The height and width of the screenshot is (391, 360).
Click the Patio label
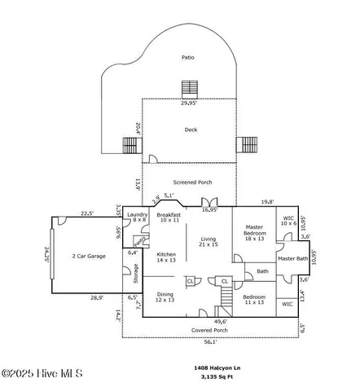(188, 58)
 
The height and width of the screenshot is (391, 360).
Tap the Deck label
(190, 130)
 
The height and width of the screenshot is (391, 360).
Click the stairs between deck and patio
(190, 88)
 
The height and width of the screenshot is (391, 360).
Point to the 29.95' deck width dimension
(190, 103)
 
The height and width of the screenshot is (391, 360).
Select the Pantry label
(139, 241)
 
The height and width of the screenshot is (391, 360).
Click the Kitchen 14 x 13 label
(165, 257)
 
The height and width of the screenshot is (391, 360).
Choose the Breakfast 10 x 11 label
(169, 217)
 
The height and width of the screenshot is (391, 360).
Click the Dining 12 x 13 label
(165, 297)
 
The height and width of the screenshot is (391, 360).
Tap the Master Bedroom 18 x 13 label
(255, 235)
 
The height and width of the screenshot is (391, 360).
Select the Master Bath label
(292, 259)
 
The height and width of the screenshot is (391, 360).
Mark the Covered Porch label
(209, 330)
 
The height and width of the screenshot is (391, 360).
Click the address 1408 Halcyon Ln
(222, 367)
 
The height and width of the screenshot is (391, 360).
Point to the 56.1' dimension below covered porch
(210, 343)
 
